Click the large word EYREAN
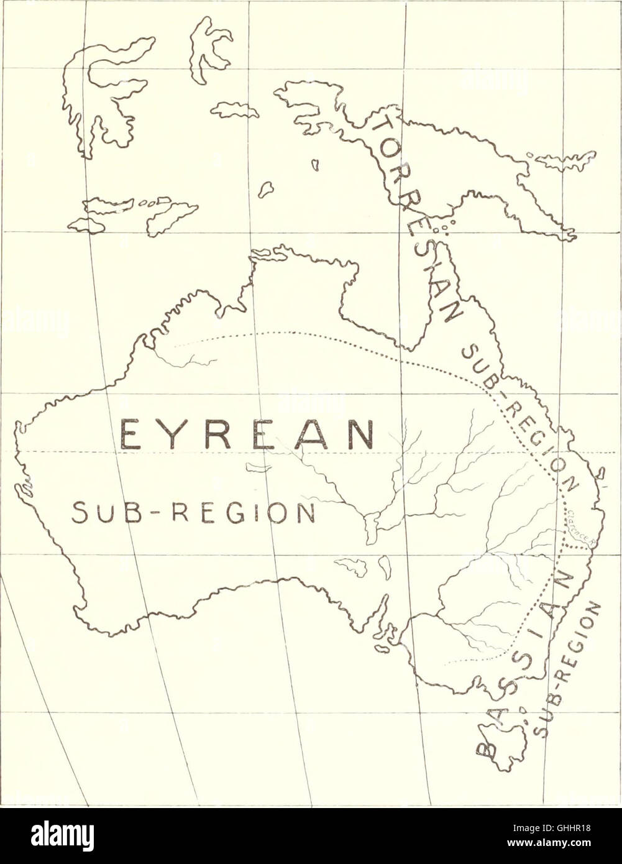point(247,434)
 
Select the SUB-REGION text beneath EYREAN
point(193,513)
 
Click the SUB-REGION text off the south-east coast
point(569,669)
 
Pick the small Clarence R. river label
point(581,526)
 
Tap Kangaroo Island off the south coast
point(382,648)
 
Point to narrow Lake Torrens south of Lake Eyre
point(385,567)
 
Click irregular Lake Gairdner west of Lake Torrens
point(352,566)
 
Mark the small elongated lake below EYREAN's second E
point(257,467)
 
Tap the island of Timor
point(171,218)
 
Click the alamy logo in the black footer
point(62,835)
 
